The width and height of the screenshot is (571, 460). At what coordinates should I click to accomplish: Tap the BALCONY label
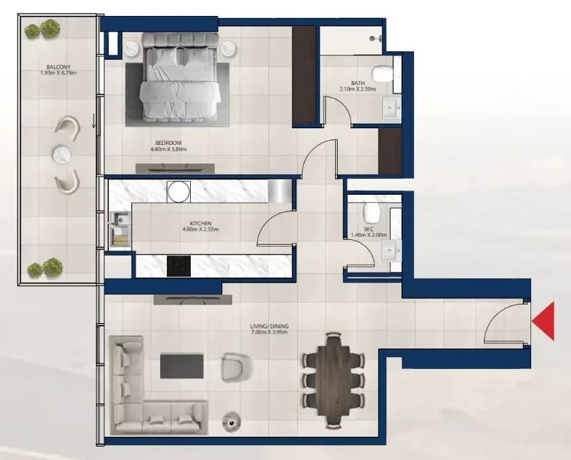point(58,67)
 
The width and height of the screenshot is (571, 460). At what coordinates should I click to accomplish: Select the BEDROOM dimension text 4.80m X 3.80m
point(169,149)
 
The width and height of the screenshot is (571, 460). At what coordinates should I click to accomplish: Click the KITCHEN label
point(201,223)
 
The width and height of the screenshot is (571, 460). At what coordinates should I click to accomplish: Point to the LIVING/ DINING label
point(269,326)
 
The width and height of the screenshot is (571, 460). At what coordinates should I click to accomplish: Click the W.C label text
point(369,229)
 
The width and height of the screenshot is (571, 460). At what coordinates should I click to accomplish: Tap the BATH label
point(358,83)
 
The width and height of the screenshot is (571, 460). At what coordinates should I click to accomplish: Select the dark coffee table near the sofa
point(181,366)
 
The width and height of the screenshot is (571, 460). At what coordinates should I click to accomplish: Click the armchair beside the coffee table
point(237,367)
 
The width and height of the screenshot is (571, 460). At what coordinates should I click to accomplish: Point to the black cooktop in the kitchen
point(178,267)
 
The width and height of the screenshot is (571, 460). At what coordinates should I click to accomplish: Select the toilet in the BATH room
point(384,74)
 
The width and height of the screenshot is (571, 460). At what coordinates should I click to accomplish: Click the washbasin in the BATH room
point(392,108)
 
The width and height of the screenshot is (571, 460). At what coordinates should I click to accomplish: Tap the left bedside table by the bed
point(131,49)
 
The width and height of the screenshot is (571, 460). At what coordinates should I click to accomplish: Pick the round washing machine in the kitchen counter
point(178,191)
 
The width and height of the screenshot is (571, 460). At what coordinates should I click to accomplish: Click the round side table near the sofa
point(231,421)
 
